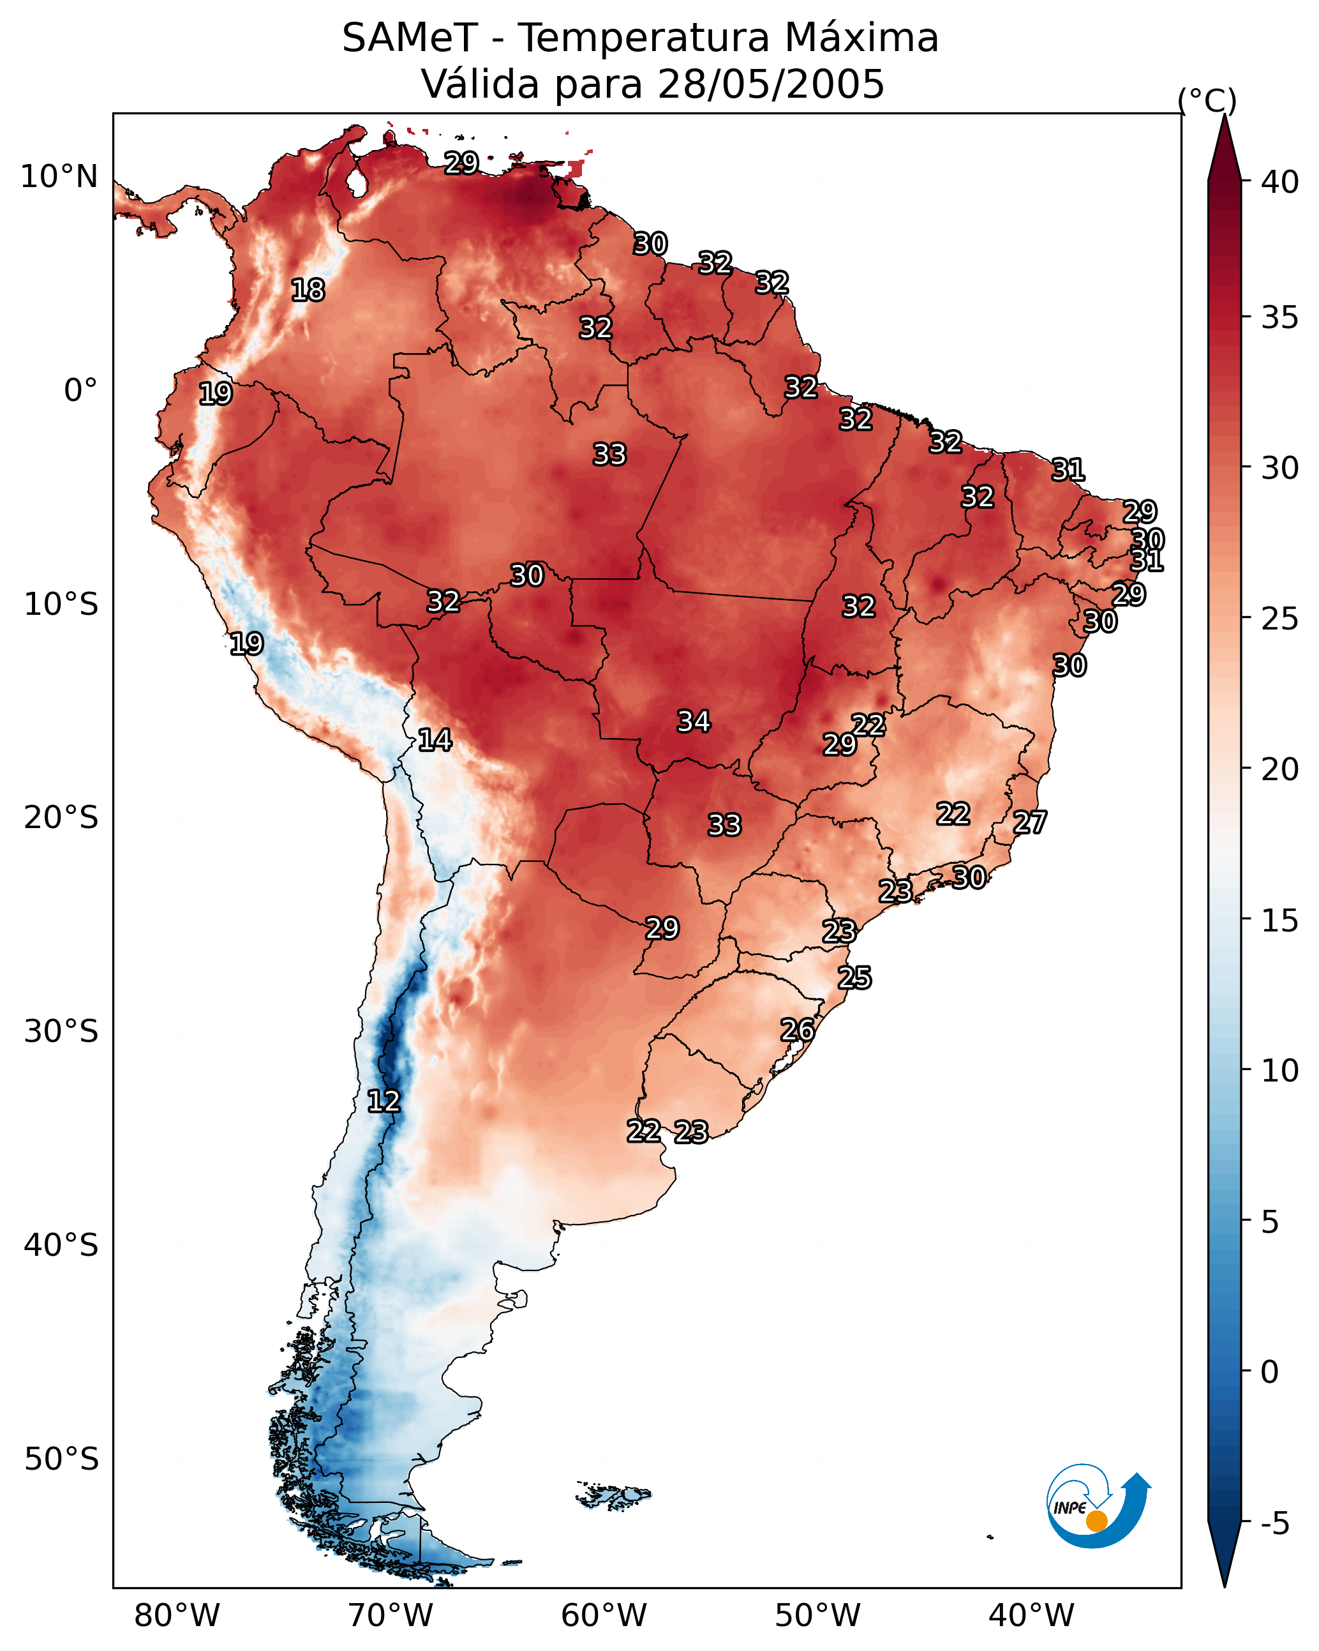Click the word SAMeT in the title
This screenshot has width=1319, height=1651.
(410, 38)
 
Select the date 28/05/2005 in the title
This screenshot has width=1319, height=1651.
(771, 84)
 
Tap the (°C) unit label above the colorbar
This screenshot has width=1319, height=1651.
(1207, 100)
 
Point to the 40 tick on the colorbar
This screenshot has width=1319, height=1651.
(1280, 182)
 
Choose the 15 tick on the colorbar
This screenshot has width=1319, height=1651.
(1280, 921)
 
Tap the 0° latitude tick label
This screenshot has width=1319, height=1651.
(81, 391)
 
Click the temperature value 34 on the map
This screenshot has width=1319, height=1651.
(694, 721)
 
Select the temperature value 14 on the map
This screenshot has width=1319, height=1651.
(435, 740)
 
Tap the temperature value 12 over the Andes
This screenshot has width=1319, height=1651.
(384, 1101)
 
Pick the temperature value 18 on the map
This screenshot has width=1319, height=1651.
(308, 290)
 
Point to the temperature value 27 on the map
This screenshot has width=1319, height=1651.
(1030, 822)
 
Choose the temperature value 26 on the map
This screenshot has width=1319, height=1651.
(797, 1030)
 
